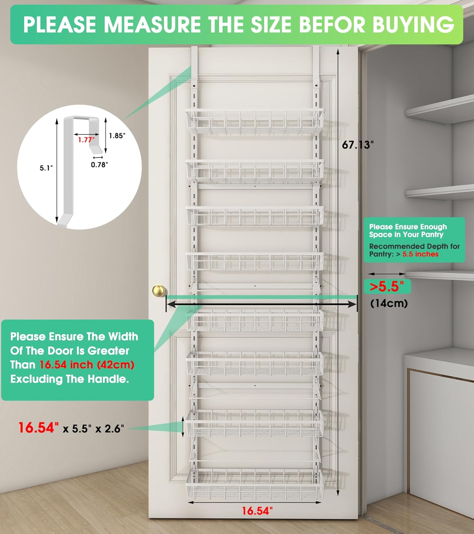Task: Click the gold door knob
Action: pos(159,291)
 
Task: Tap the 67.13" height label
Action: pos(357,145)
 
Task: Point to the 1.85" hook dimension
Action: pos(117,136)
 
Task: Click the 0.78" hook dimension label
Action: pos(99,164)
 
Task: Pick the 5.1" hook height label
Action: pos(46,168)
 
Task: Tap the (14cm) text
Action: pos(389,303)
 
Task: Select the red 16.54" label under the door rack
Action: pos(257,511)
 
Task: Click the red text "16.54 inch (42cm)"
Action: pos(87,365)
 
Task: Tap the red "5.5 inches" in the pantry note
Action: pos(420,254)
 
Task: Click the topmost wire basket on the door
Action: pos(255,122)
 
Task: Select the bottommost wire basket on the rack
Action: pos(255,485)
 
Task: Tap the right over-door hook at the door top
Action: pos(316,64)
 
